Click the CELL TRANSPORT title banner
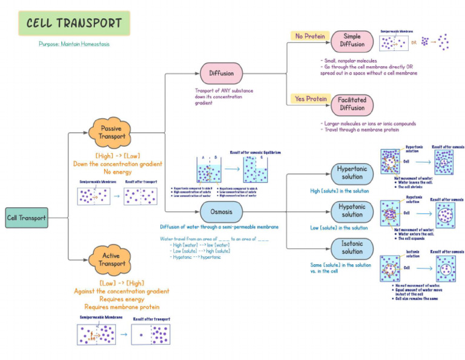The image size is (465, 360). point(74,24)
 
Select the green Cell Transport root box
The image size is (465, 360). point(27,218)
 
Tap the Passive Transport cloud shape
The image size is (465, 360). point(111,132)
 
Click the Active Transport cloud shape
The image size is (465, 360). point(111,260)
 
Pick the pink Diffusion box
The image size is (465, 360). point(221,73)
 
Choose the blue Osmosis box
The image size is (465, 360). point(221,212)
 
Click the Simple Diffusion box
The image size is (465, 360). point(352,41)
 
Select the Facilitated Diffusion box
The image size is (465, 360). point(352,104)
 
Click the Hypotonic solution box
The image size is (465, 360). point(352,211)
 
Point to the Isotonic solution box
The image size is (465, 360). point(352,247)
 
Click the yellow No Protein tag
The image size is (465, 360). point(309,36)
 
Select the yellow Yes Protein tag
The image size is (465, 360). point(309,99)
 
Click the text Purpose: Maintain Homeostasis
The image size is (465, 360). point(74,44)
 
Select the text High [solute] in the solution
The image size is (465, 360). point(339,191)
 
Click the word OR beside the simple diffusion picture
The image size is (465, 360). point(414,42)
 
